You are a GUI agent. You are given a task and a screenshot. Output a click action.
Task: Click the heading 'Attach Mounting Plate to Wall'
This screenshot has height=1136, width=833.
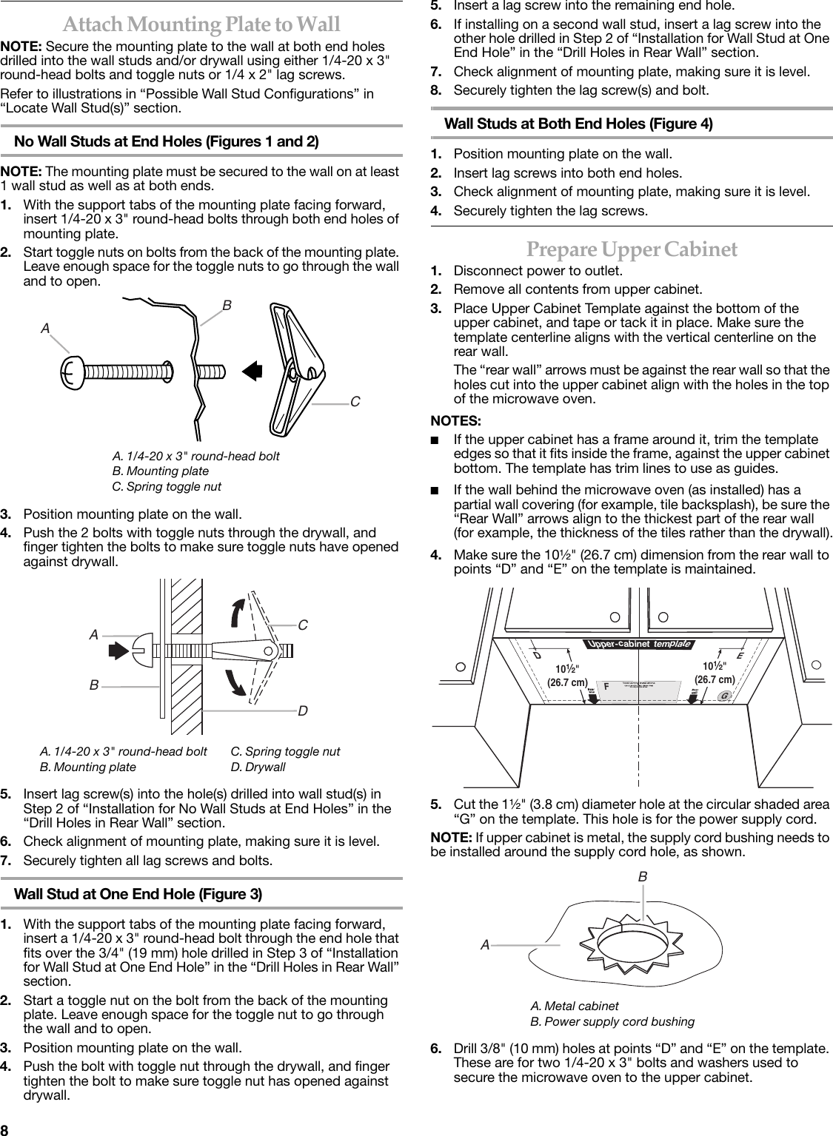pos(201,25)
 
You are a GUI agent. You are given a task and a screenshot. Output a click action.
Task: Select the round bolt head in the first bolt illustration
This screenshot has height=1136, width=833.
pos(73,372)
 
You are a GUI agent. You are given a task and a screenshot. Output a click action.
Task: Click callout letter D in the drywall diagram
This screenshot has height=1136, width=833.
pos(303,710)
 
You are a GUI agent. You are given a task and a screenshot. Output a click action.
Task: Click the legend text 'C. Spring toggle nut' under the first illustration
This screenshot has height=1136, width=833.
pos(166,486)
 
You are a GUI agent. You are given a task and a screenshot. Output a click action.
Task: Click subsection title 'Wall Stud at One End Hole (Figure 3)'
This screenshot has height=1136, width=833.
pos(138,894)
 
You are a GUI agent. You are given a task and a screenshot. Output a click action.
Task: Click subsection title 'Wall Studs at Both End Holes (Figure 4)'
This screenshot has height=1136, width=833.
pos(578,124)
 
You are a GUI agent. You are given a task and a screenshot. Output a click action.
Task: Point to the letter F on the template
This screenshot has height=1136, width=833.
pos(606,686)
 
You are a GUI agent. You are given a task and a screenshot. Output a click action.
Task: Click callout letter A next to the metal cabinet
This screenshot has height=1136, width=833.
pos(485,944)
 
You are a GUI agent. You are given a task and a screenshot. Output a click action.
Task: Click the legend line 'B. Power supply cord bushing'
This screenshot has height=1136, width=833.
pos(612,1021)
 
